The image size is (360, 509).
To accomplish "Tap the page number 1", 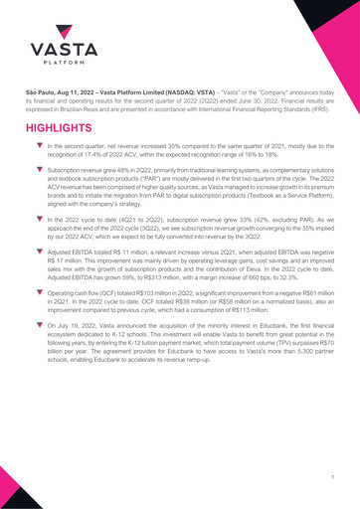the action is point(330,478).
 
